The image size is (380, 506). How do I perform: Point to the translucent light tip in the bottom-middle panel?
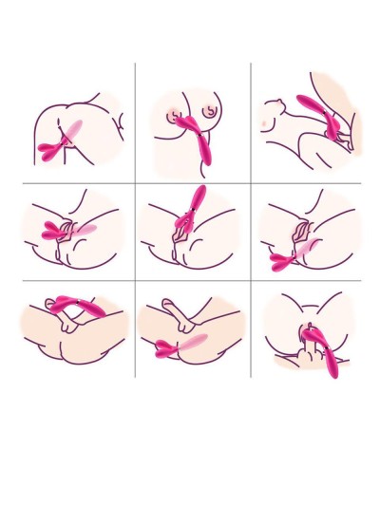click(x=198, y=340)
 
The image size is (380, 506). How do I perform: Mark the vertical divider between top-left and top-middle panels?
click(x=135, y=123)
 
